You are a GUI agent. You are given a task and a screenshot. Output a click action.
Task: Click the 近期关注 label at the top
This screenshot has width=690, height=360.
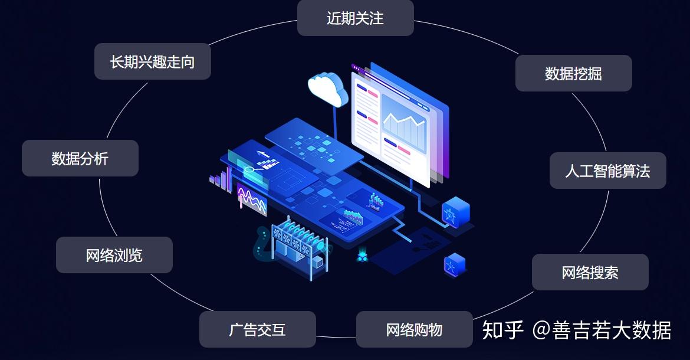click(355, 18)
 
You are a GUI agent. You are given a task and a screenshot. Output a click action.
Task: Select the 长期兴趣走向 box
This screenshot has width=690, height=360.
click(152, 61)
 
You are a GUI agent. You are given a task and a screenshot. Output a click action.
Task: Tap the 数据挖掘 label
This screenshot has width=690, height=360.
click(573, 74)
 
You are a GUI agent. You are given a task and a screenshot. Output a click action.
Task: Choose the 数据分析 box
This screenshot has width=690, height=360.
click(80, 158)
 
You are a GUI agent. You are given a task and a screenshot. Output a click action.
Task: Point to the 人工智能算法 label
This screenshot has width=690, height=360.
click(607, 171)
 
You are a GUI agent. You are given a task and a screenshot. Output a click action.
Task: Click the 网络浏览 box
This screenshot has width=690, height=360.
click(114, 255)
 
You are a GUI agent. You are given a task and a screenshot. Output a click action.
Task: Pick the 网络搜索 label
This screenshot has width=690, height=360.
click(590, 272)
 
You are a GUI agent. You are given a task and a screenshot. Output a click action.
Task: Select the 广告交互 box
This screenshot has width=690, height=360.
click(257, 329)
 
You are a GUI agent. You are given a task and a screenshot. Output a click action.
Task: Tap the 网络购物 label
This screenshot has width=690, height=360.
click(414, 329)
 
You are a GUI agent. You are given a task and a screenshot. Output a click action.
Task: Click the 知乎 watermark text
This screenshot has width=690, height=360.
click(502, 330)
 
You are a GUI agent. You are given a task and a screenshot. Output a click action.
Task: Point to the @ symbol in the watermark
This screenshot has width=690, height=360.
click(541, 330)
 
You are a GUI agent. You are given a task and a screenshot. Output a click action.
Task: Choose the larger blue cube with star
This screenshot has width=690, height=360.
click(455, 211)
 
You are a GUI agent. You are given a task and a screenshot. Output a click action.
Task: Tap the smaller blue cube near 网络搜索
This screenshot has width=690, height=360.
click(455, 264)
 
